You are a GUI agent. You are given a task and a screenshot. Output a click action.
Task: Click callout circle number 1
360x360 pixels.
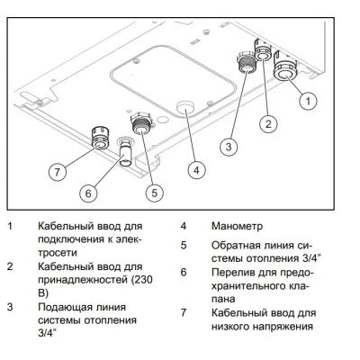(x=307, y=101)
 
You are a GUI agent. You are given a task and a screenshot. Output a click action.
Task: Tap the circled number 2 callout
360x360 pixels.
(x=267, y=121)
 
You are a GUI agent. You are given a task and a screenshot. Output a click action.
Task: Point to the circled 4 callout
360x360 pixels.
(x=196, y=167)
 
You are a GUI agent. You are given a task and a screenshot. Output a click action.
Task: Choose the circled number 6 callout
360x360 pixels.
(x=87, y=191)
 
